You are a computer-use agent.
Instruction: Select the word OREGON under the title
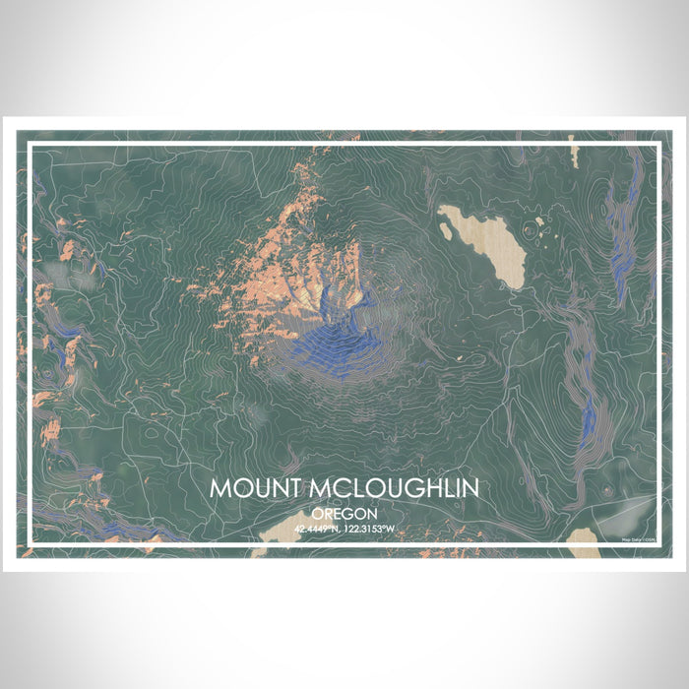pos(344,514)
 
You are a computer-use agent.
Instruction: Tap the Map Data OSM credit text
pos(639,538)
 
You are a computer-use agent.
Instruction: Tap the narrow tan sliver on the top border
pos(572,151)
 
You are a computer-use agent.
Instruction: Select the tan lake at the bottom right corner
pos(584,536)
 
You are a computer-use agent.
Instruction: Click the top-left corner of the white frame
pos(30,145)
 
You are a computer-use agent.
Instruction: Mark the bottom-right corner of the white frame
pos(658,544)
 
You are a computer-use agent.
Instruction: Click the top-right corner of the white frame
pos(658,145)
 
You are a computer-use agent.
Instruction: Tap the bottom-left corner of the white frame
pos(30,544)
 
